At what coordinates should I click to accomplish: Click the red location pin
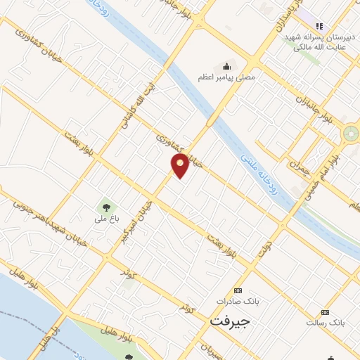tap(180, 166)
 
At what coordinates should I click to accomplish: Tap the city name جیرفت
tap(230, 320)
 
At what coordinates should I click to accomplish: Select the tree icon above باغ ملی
tap(107, 207)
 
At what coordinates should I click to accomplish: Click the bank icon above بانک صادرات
tap(238, 290)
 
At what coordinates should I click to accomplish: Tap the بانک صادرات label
tap(238, 301)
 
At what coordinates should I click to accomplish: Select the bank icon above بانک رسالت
tap(324, 311)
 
